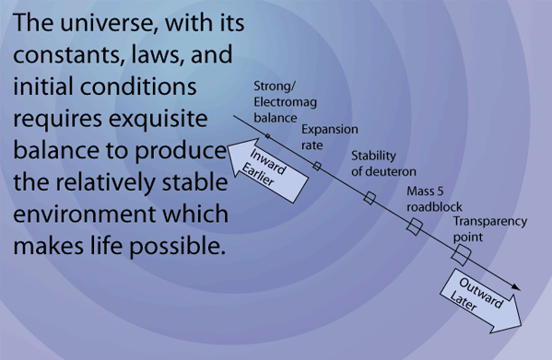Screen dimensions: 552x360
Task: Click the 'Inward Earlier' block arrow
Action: click(x=267, y=169)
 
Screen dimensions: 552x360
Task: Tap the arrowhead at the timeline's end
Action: click(x=516, y=287)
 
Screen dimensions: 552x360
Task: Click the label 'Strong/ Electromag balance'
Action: click(x=285, y=102)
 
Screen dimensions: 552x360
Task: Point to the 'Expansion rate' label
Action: click(x=330, y=137)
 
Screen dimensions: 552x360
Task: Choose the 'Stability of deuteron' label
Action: click(x=383, y=164)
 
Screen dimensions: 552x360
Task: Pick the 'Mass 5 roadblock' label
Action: click(x=434, y=199)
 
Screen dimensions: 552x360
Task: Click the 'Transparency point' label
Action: click(x=489, y=229)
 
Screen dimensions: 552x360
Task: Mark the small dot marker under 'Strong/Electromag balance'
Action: click(x=267, y=136)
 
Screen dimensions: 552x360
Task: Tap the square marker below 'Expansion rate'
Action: click(x=317, y=166)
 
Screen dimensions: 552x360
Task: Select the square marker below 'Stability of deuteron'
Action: click(x=370, y=198)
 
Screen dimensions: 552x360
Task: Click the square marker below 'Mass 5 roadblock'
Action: click(x=415, y=226)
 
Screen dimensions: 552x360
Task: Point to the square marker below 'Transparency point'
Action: click(x=461, y=256)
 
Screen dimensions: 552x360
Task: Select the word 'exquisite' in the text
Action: click(x=159, y=119)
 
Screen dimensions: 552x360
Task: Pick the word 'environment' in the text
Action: click(x=85, y=215)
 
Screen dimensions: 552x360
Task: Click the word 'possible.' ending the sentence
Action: click(x=177, y=246)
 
